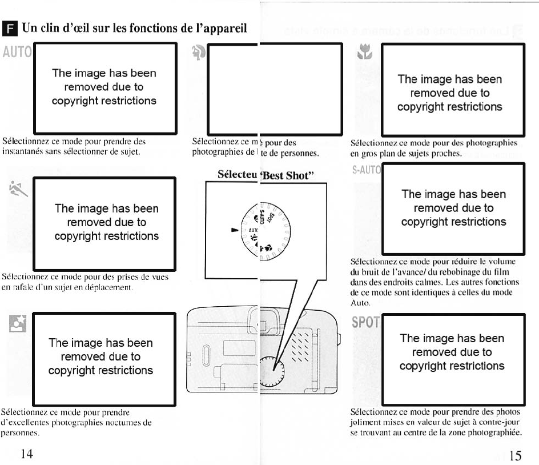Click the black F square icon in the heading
point(8,28)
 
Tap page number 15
point(515,455)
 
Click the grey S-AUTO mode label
point(365,170)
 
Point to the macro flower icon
point(364,55)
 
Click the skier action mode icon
point(19,186)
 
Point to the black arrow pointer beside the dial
point(234,230)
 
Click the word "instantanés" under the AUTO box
point(25,152)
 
